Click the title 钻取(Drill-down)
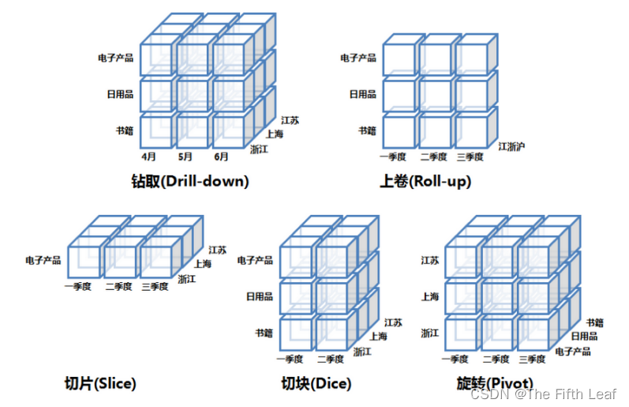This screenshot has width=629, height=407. click(190, 181)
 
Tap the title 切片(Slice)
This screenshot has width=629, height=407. click(100, 384)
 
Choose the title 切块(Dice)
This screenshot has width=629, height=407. click(316, 384)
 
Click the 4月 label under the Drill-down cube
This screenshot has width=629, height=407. click(150, 156)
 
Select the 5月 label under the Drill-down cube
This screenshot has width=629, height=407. click(186, 156)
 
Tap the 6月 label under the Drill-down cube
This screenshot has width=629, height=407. click(222, 156)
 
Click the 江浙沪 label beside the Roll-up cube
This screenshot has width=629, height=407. click(512, 146)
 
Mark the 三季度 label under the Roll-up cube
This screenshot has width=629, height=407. click(469, 156)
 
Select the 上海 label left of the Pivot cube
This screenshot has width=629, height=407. click(430, 296)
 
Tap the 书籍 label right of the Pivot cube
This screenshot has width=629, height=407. click(595, 322)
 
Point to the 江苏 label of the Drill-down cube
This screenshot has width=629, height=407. click(290, 120)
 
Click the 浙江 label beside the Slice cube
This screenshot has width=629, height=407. click(188, 279)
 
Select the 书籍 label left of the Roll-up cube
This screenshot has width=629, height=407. click(367, 130)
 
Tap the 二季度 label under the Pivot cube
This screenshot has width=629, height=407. click(496, 360)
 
